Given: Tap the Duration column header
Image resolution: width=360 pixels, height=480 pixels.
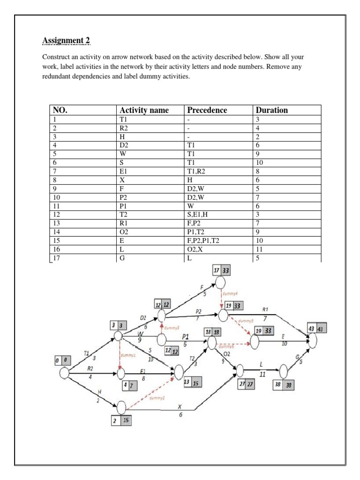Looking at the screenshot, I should [x=272, y=111].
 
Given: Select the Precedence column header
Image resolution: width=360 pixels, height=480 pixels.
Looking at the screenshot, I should [x=207, y=111].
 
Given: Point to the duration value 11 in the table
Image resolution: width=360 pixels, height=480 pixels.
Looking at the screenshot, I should [x=260, y=249].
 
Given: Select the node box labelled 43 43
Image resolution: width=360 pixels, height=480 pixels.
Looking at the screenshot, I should [x=316, y=330].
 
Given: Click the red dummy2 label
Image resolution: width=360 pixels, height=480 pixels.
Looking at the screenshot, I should [x=157, y=398].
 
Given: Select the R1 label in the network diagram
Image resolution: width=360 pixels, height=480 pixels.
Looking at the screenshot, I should [x=265, y=310].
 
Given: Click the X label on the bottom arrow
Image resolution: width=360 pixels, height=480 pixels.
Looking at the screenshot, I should [x=180, y=406].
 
